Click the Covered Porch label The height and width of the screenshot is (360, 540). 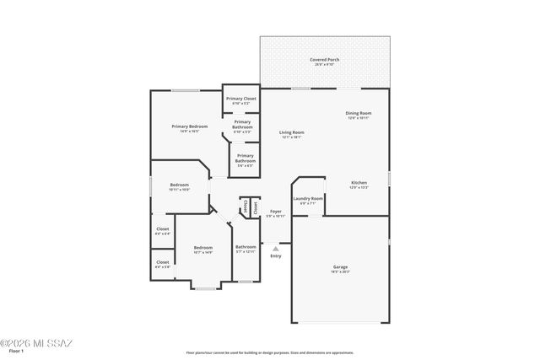click(325, 60)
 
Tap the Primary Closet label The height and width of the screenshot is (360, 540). click(240, 99)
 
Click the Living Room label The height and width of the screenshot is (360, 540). click(292, 132)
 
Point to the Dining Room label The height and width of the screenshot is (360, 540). click(358, 113)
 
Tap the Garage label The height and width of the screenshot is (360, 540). click(340, 266)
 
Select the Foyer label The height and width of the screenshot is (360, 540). click(275, 212)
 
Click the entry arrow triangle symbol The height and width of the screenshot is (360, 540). click(275, 248)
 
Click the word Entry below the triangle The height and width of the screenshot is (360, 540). click(275, 256)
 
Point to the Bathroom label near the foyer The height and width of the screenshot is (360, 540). click(246, 247)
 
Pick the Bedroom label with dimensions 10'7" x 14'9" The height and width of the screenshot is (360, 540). click(202, 248)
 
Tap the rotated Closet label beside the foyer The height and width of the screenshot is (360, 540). click(254, 205)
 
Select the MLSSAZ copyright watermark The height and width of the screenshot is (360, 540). click(37, 343)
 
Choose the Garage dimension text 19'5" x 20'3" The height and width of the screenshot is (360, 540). click(340, 271)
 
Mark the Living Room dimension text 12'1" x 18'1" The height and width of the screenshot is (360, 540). click(292, 137)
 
